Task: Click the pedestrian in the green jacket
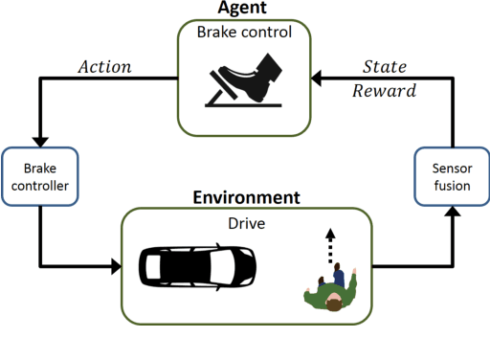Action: pos(331,291)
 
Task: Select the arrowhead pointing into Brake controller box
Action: pos(40,141)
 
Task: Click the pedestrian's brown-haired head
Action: pos(332,305)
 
